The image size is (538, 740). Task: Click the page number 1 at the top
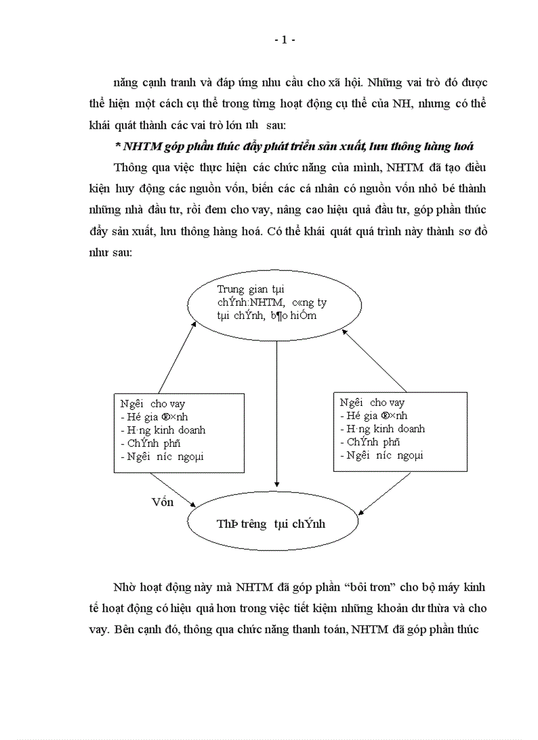pos(284,40)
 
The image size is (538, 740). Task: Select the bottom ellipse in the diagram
pos(274,524)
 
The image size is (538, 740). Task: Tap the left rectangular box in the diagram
pos(179,432)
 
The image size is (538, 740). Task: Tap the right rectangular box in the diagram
pos(400,432)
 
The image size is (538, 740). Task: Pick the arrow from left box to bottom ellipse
pos(173,489)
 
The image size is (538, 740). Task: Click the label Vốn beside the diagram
pos(162,502)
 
